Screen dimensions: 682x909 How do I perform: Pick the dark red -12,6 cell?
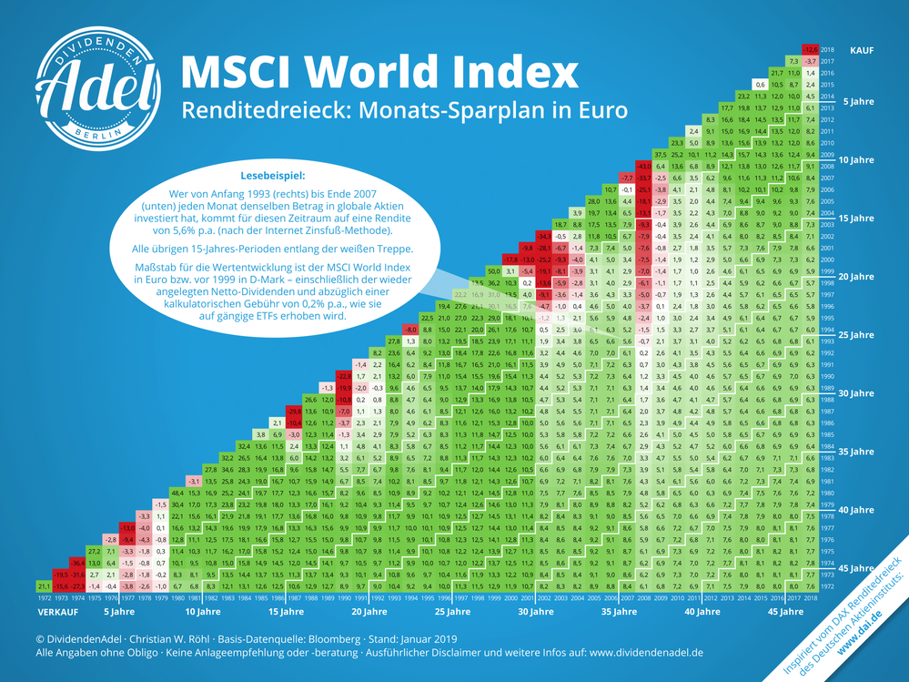click(x=808, y=49)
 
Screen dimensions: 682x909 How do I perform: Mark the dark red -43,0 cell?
click(x=642, y=166)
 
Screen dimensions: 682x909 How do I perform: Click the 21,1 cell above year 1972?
click(x=44, y=585)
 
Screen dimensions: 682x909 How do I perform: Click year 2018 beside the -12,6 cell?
click(x=827, y=49)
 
